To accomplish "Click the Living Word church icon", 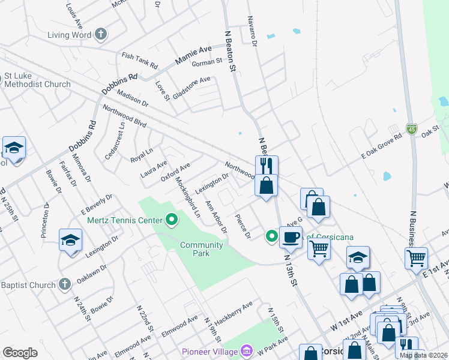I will tap(101, 34).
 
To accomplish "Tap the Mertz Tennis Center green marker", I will tap(172, 220).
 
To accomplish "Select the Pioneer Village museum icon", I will tap(247, 350).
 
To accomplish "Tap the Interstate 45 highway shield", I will tap(411, 129).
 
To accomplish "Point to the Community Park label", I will tap(202, 249).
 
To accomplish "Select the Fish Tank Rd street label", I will tap(139, 59).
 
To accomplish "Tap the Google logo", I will tap(20, 353).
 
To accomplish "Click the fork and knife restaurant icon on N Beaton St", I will tap(267, 166).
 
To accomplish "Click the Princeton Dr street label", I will tap(46, 220).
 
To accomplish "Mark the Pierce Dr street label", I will tap(243, 226).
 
